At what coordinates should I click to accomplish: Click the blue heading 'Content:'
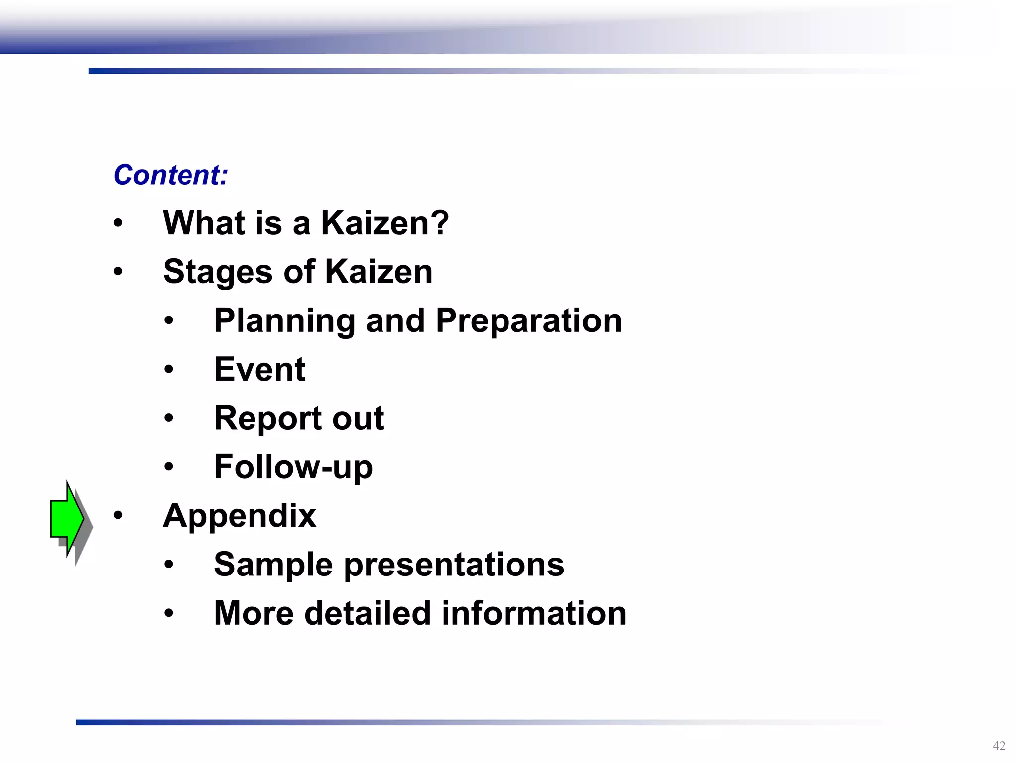171,175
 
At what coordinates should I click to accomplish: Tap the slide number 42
999,745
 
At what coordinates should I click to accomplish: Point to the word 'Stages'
218,272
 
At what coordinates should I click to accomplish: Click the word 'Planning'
284,320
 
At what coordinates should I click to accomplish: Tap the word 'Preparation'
529,320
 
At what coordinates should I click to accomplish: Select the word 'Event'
259,369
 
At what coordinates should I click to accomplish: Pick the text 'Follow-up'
293,467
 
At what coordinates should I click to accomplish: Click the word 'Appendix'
239,516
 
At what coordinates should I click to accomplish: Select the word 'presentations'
454,565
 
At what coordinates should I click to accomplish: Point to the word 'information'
534,613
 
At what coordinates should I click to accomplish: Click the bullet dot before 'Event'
169,369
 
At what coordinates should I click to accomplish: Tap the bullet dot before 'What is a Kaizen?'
118,223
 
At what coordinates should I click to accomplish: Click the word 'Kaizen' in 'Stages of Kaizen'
379,272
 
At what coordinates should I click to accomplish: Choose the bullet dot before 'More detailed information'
169,613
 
